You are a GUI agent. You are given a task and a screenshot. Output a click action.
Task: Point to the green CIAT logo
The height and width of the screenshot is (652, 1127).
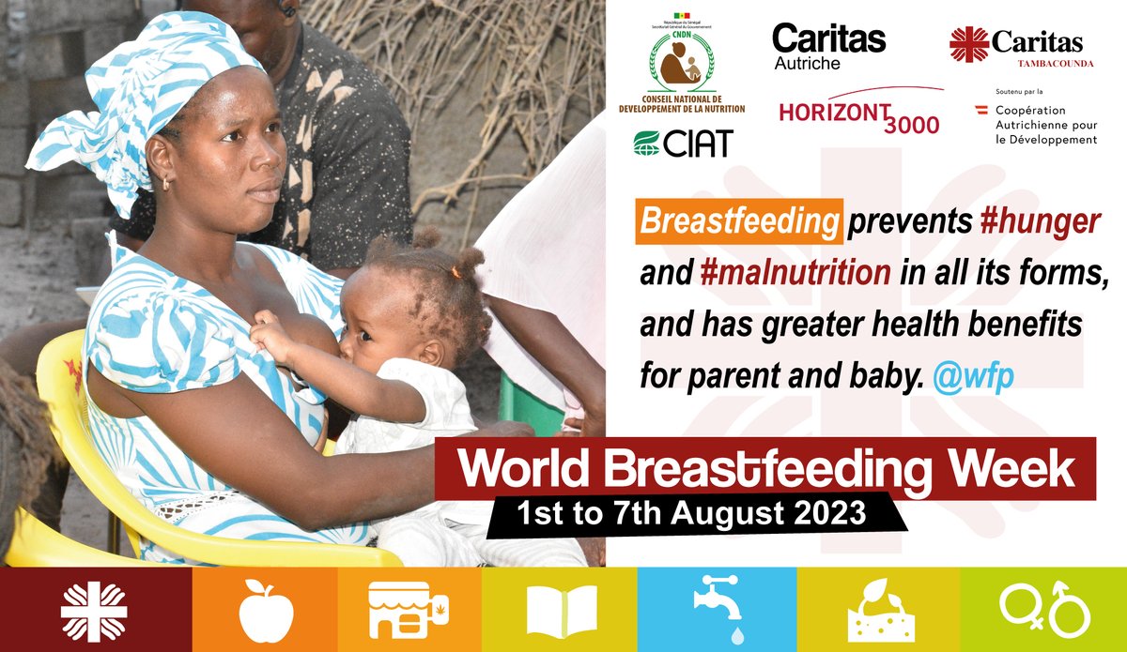click(682, 144)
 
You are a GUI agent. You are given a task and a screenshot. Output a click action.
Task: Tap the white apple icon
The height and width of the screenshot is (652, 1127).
click(266, 609)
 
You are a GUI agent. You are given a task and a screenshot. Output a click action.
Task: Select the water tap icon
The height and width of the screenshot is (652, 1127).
click(717, 609)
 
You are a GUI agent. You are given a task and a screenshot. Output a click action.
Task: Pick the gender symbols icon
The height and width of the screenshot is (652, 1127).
click(1044, 609)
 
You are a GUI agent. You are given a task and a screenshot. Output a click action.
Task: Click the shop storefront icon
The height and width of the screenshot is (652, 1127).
click(409, 610)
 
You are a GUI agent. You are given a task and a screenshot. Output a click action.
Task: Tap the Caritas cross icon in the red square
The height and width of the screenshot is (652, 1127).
click(94, 610)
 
